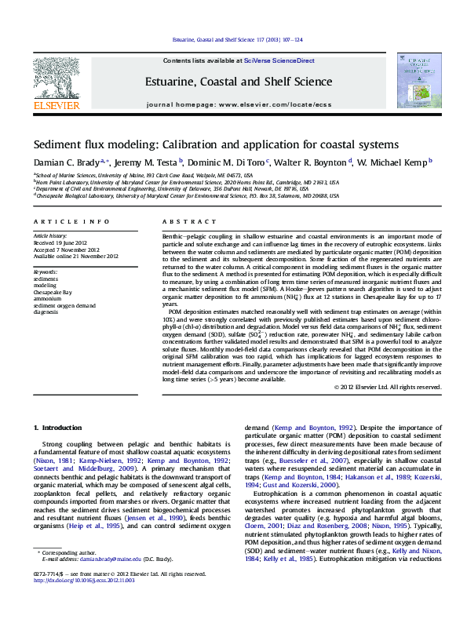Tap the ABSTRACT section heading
click(x=178, y=223)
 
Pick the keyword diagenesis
click(x=46, y=311)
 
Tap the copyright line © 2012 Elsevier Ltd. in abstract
click(x=388, y=387)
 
